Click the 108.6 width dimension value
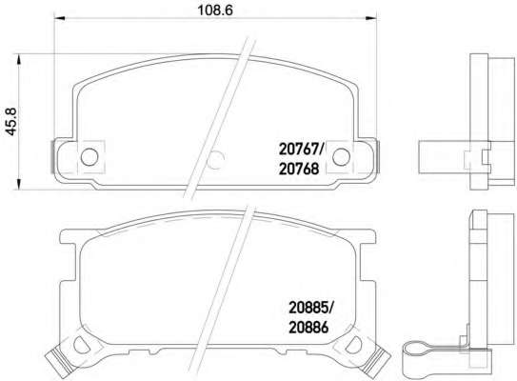pos(215,10)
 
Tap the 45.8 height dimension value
pos(11,121)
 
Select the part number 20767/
pos(302,150)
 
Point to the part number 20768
pos(299,169)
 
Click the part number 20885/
pos(311,308)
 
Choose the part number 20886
pos(308,328)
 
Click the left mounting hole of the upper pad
pos(89,157)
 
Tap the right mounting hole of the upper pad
pos(341,157)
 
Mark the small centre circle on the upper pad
pos(217,160)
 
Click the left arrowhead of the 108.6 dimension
pos(59,19)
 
